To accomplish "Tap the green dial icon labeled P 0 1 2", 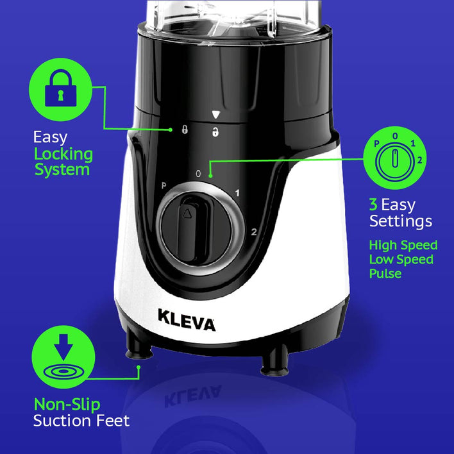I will coord(395,158).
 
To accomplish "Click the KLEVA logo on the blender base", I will coord(187,319).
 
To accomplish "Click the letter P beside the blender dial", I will coord(164,186).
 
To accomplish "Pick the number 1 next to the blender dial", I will coord(237,193).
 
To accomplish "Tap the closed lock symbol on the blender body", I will coord(185,130).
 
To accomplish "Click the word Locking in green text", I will coord(63,154).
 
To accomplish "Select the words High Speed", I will coord(403,245).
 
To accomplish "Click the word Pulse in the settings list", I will coord(385,274).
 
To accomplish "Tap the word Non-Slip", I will coord(67,404).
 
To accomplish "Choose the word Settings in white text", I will coord(400,222).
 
